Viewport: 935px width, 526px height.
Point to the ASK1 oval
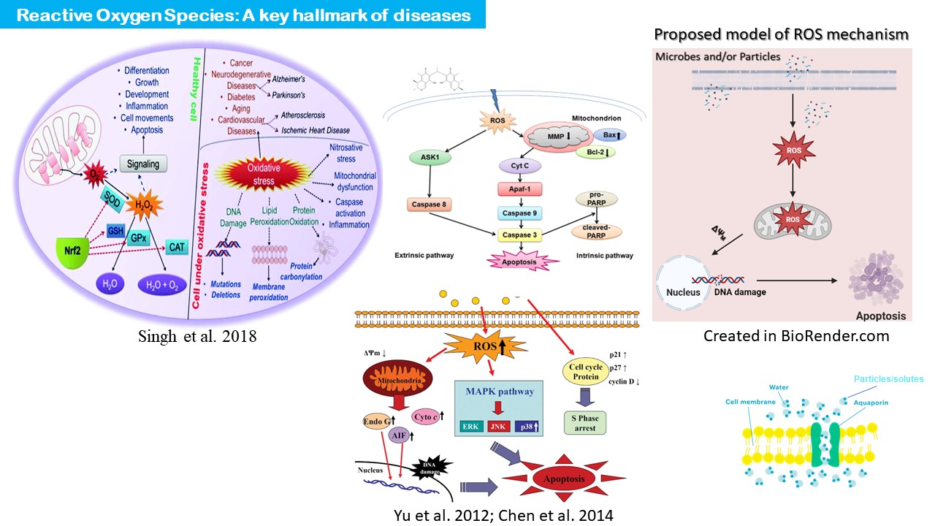[x=424, y=159]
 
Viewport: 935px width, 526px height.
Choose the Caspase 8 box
[x=430, y=204]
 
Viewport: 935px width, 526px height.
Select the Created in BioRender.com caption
[x=796, y=336]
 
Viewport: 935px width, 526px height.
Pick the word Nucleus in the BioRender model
[x=683, y=292]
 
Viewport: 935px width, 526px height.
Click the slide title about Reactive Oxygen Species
[x=243, y=15]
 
